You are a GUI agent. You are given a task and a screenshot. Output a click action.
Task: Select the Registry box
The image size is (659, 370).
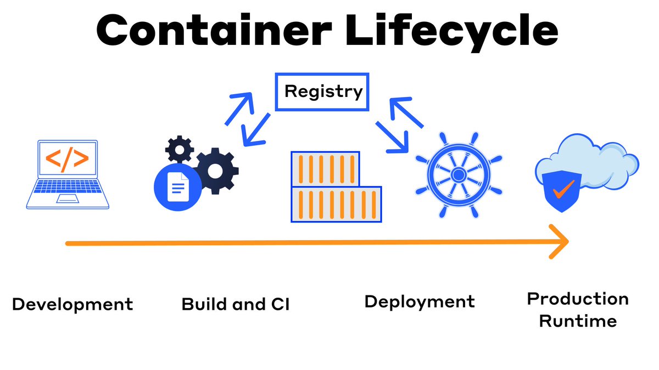[322, 92]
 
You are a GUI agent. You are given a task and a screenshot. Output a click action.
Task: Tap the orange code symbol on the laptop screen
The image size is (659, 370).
[67, 158]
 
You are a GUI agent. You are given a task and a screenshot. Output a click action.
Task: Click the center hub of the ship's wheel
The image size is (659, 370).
[457, 174]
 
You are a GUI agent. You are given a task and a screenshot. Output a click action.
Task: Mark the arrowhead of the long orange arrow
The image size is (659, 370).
[560, 242]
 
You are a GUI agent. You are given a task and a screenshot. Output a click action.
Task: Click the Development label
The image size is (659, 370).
[72, 304]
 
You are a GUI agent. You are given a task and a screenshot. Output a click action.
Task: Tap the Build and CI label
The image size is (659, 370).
[235, 304]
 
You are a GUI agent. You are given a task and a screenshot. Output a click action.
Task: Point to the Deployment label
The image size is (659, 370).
[420, 301]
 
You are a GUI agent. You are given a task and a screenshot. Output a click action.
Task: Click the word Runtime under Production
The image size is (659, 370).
[578, 320]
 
